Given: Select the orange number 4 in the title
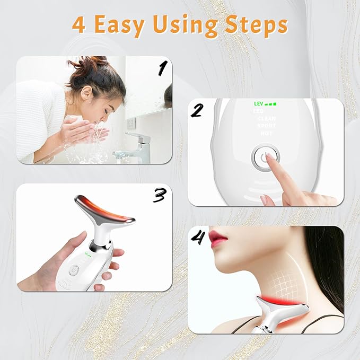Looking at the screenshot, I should click(x=78, y=25).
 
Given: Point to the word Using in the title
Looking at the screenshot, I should click(x=183, y=25).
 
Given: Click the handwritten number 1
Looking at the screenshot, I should click(x=163, y=68).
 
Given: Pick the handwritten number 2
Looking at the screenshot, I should click(x=197, y=110).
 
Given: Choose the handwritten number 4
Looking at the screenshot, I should click(x=198, y=239).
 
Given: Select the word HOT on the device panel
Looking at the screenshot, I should click(x=266, y=133).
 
